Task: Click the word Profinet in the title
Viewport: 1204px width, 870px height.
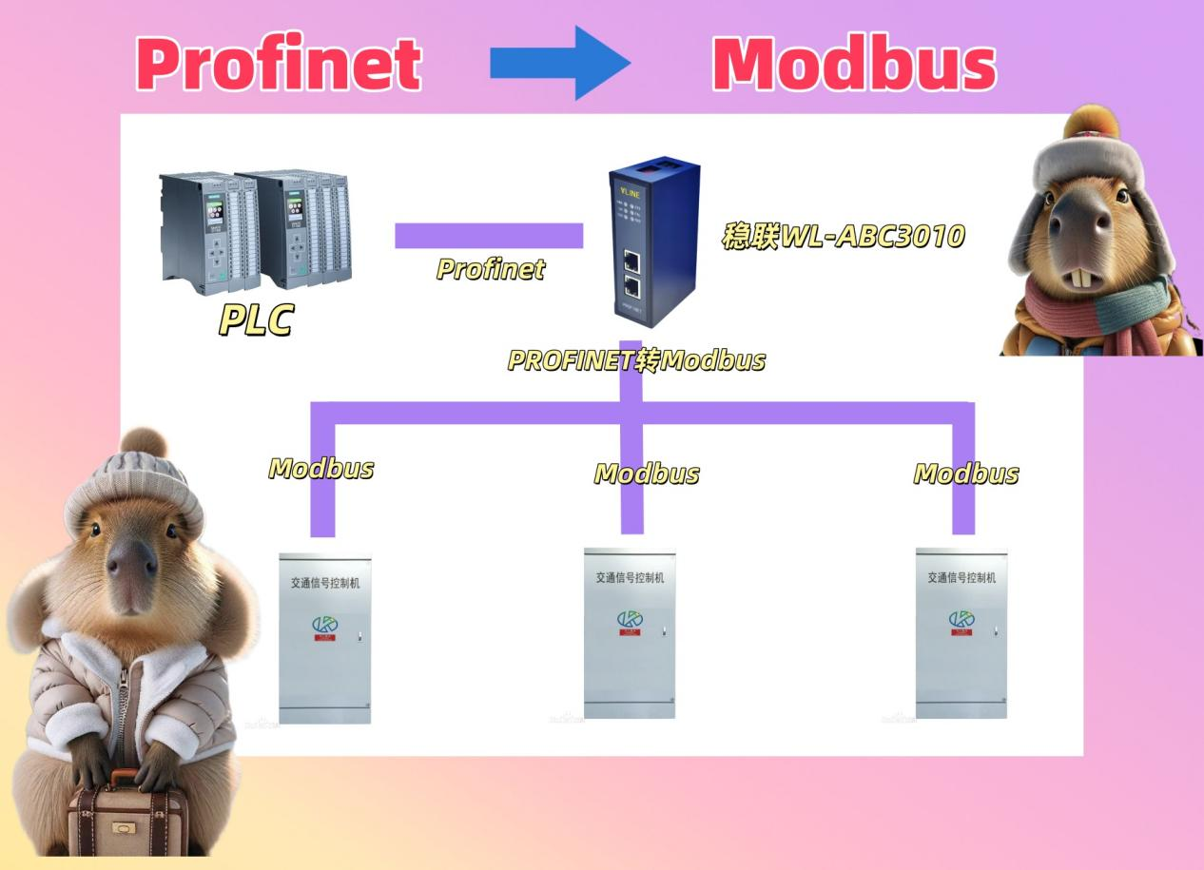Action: (279, 65)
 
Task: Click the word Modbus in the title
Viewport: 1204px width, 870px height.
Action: (853, 65)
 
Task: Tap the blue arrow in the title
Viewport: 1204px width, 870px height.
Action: (559, 63)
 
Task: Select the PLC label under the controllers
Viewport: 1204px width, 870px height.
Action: (255, 319)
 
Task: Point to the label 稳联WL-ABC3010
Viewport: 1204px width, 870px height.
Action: (843, 236)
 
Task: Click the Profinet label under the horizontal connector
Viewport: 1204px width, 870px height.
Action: (491, 269)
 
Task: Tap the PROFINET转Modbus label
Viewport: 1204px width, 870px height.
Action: (635, 361)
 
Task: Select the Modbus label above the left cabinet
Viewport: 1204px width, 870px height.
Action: (321, 468)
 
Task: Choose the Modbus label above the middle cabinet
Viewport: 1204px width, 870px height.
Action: (647, 474)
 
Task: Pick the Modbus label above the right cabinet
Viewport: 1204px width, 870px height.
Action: (966, 474)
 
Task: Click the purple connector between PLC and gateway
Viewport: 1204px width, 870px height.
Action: (489, 235)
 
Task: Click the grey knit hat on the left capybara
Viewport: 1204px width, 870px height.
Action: (133, 485)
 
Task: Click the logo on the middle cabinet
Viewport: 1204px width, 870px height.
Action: (630, 620)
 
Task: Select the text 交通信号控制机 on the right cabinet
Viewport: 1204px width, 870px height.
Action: (961, 577)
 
